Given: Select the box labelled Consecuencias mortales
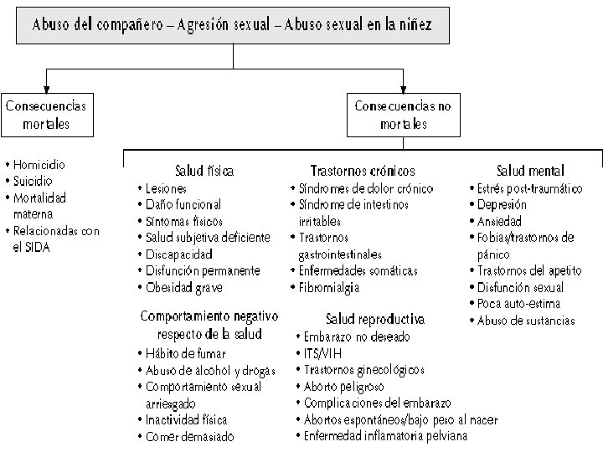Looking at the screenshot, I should point(46,115).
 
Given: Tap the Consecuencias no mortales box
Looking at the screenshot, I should point(404,115).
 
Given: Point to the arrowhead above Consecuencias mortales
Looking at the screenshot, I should point(46,86).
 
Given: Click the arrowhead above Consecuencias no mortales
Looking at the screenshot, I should point(404,86).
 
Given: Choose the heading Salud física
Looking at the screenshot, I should point(204,170).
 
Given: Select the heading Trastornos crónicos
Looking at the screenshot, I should point(362,170).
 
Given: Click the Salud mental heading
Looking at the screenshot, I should point(530,170).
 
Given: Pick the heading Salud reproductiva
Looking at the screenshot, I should point(374,319).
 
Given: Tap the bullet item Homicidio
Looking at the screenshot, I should point(39,165).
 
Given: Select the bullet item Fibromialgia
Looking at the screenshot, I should point(329,287).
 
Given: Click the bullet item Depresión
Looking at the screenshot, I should point(502,204).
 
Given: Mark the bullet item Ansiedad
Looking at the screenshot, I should point(498,221).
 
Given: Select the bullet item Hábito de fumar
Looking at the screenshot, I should point(184,353).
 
